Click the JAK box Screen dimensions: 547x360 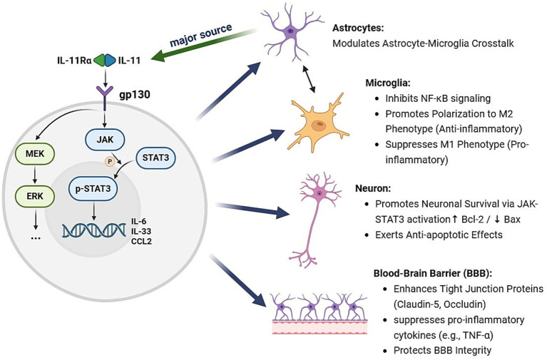(x=105, y=140)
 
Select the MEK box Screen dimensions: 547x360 (x=35, y=153)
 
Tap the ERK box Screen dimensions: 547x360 (x=35, y=196)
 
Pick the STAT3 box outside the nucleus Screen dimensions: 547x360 (x=155, y=158)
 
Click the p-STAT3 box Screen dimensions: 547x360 (x=93, y=189)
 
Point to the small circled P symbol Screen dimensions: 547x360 (x=110, y=161)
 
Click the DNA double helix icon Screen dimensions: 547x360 (x=94, y=230)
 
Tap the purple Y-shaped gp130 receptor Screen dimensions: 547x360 (x=104, y=99)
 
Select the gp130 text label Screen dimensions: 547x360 (x=135, y=94)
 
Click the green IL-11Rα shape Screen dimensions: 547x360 (x=98, y=60)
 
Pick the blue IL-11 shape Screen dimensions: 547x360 (x=111, y=60)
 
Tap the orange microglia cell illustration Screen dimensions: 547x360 (x=318, y=123)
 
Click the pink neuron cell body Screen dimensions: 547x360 (x=319, y=193)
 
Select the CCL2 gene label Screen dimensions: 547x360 (x=141, y=241)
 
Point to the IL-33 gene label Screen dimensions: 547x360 (x=141, y=231)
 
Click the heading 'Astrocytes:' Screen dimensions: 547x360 (x=358, y=28)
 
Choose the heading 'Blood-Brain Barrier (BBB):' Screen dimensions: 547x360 (x=433, y=273)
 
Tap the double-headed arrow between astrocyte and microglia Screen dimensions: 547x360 (x=309, y=79)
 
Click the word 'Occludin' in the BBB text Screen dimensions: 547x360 (x=464, y=304)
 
